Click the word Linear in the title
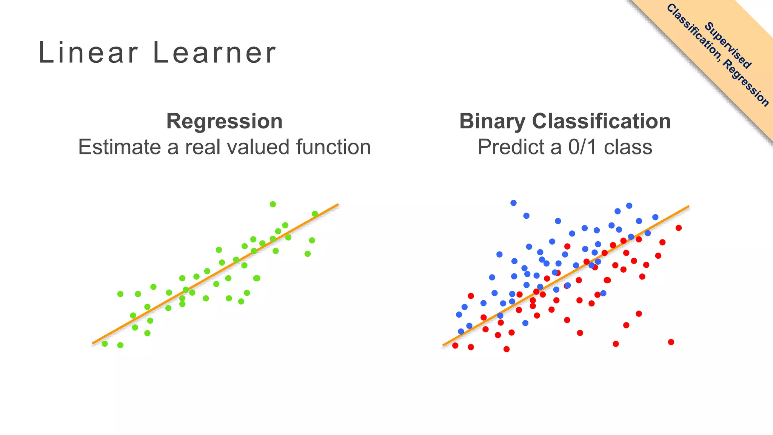pyautogui.click(x=88, y=52)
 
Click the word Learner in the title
pyautogui.click(x=214, y=52)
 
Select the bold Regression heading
pyautogui.click(x=224, y=121)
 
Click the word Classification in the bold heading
pyautogui.click(x=601, y=121)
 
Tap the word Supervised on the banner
pyautogui.click(x=728, y=46)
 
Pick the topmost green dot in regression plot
pyautogui.click(x=273, y=204)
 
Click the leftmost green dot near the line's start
pyautogui.click(x=105, y=344)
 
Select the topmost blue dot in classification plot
pyautogui.click(x=513, y=203)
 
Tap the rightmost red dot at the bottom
pyautogui.click(x=671, y=342)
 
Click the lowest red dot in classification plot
pyautogui.click(x=507, y=349)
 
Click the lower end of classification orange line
pyautogui.click(x=444, y=344)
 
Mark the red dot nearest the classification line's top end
pyautogui.click(x=679, y=228)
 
